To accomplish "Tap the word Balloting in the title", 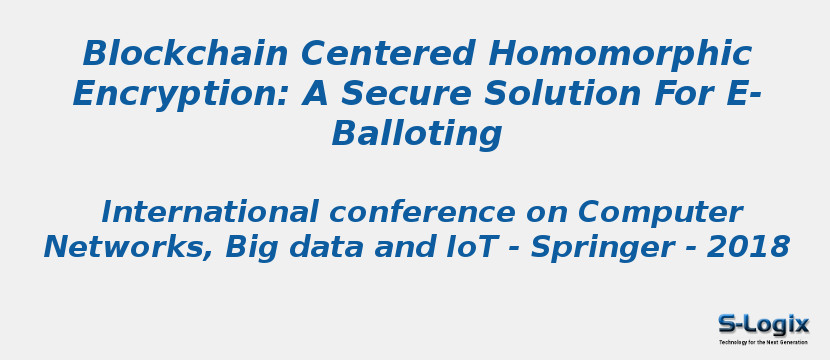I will point(417,134).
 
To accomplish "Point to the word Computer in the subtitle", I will point(660,213).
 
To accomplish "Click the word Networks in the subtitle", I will point(126,247).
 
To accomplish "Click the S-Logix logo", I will point(763,324).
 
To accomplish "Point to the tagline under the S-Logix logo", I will point(763,342).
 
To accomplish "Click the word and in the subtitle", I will point(401,247).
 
